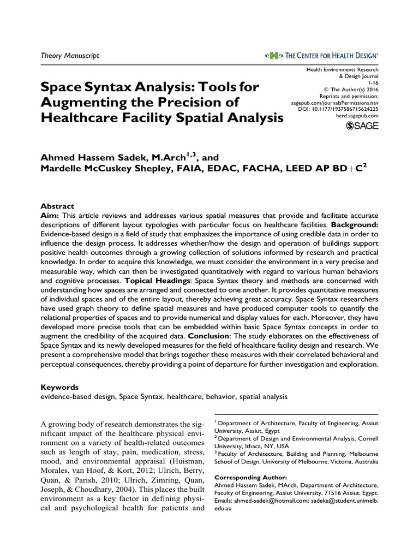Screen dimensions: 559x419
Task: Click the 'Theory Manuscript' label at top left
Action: (x=70, y=56)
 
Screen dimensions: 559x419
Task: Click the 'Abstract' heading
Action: (x=58, y=206)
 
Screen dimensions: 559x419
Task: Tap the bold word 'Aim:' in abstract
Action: (x=50, y=216)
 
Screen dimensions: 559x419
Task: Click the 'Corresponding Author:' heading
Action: (x=244, y=476)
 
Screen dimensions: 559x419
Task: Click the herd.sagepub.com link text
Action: (x=357, y=116)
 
